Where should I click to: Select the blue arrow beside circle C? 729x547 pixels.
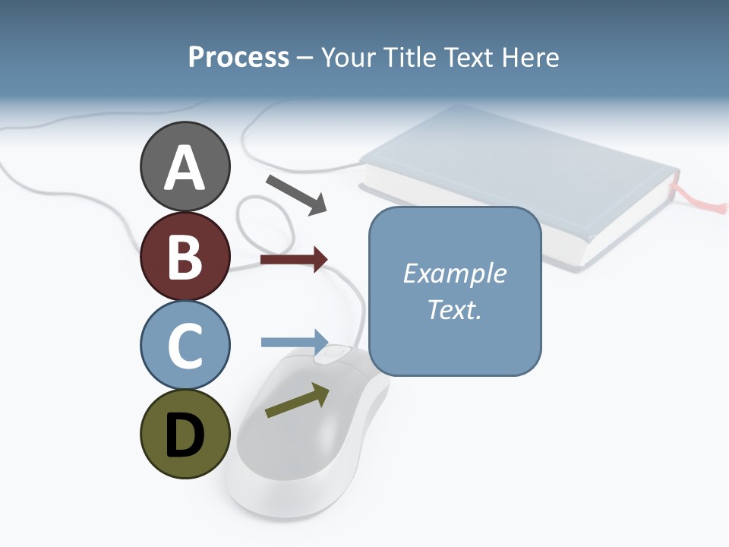[x=294, y=341]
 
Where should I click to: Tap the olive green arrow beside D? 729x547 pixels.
[x=297, y=400]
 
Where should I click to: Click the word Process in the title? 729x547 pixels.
[x=238, y=57]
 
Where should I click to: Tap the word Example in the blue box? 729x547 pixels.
[x=454, y=273]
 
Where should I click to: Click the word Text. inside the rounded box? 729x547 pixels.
[x=454, y=309]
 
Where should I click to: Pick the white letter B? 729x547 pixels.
[x=185, y=256]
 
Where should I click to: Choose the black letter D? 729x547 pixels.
[x=185, y=435]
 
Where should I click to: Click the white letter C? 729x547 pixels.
[x=185, y=345]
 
